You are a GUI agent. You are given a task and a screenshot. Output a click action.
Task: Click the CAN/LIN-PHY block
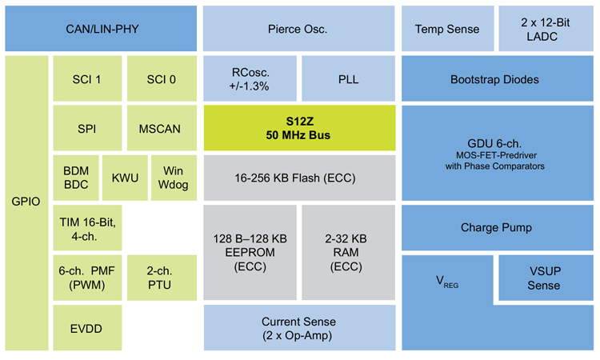[101, 29]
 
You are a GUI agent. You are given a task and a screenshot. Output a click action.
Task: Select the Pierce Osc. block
[298, 29]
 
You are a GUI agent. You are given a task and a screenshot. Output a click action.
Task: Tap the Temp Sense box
[446, 29]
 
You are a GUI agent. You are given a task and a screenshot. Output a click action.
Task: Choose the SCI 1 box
[86, 79]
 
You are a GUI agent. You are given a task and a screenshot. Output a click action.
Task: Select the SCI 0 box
[162, 79]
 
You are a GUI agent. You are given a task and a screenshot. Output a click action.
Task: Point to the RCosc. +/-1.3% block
[250, 79]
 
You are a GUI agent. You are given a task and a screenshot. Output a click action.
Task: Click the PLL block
[348, 79]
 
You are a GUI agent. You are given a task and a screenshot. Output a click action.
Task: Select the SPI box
[86, 129]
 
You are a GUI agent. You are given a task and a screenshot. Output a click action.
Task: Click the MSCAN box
[162, 129]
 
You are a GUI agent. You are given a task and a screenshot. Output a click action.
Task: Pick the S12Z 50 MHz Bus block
[298, 129]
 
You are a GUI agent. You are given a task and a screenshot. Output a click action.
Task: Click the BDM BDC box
[74, 178]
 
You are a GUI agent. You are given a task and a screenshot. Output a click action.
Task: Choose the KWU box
[124, 178]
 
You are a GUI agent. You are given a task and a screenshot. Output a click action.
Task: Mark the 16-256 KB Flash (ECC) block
[298, 178]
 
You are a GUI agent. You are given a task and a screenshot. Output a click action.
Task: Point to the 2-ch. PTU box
[162, 278]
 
